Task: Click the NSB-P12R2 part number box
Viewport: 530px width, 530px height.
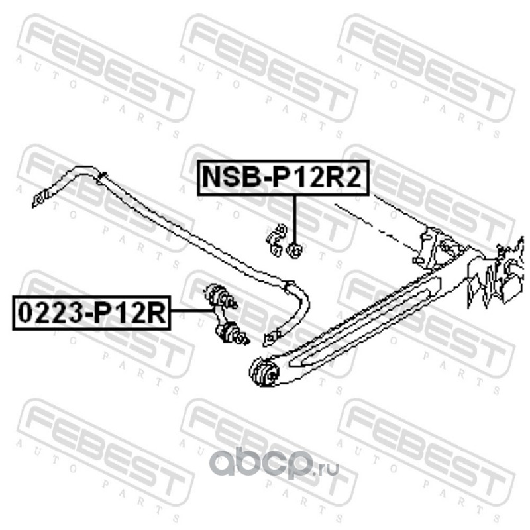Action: click(283, 177)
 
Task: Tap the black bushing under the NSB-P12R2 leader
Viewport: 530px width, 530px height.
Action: click(295, 249)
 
